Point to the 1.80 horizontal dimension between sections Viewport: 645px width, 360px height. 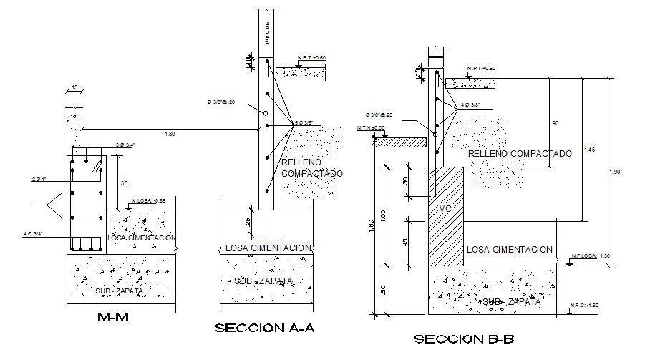point(170,134)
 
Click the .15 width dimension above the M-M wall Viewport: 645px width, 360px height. point(74,89)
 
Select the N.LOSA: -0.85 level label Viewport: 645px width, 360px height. point(150,202)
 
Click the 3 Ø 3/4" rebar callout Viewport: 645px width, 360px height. point(127,146)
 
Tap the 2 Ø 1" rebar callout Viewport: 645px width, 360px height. point(40,179)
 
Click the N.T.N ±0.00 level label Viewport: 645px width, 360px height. point(370,129)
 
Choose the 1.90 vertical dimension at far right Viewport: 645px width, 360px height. point(616,172)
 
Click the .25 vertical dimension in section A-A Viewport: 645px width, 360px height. point(248,222)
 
